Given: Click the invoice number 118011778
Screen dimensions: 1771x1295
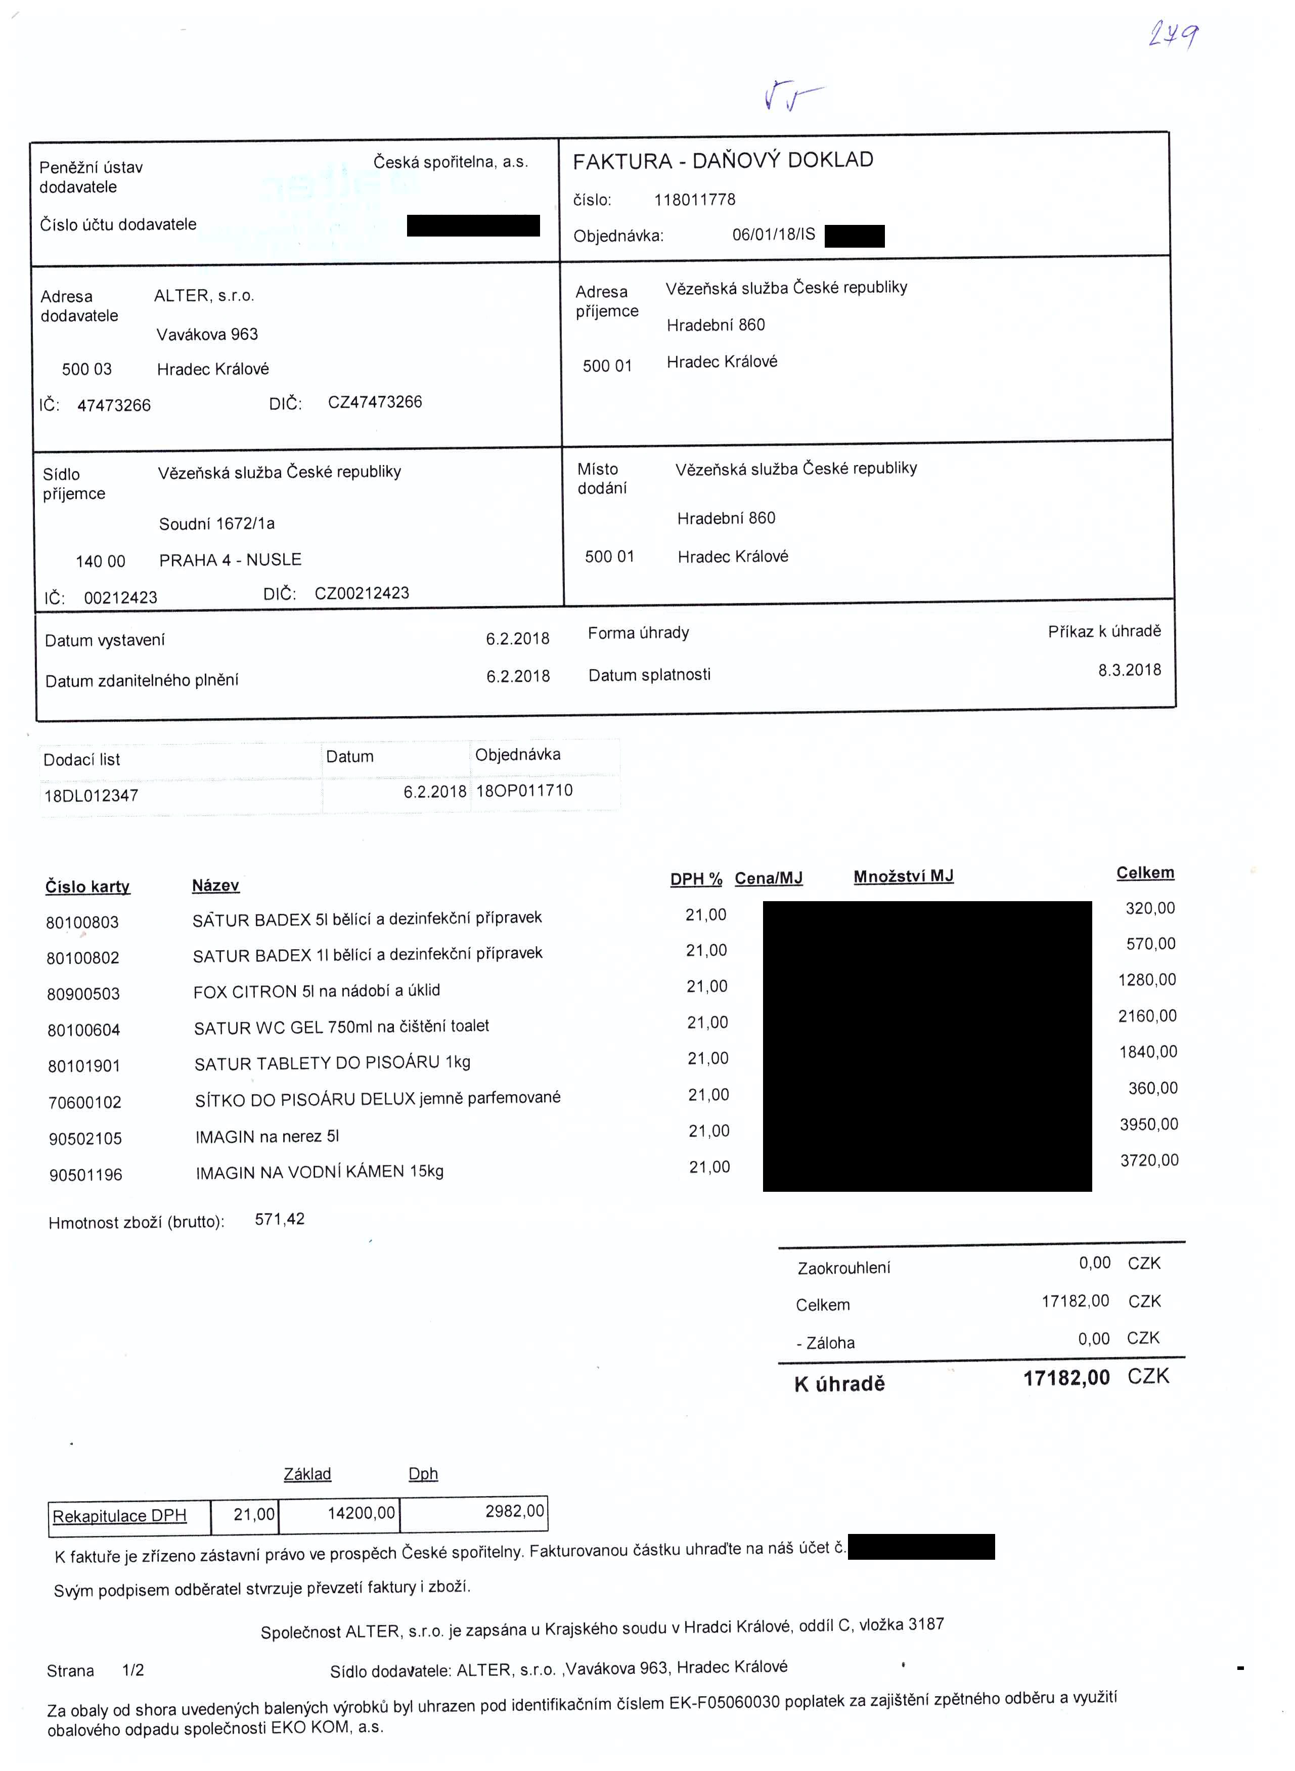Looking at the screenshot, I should click(695, 200).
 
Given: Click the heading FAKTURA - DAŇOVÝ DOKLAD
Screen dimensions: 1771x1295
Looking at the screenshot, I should click(723, 161).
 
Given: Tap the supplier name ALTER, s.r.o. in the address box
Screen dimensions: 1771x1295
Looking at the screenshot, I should click(204, 296).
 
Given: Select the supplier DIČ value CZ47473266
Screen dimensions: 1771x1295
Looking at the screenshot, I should click(375, 402).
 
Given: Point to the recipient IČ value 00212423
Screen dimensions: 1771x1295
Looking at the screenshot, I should click(121, 597).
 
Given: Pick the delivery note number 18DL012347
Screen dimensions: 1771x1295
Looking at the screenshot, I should click(91, 796).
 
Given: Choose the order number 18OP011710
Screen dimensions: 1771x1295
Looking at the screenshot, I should click(524, 790).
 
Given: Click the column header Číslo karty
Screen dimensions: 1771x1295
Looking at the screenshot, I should click(88, 887).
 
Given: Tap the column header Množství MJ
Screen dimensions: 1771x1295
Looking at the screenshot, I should click(903, 876).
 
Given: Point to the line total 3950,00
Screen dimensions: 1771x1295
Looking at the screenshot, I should click(1148, 1124).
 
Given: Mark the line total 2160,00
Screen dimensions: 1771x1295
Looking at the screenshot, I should click(1147, 1015).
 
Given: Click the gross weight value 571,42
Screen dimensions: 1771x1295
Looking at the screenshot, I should click(280, 1219).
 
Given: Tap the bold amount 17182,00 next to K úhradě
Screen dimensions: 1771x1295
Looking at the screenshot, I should click(1066, 1378).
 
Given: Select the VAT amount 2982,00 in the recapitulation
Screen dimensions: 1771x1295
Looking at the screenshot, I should click(514, 1511).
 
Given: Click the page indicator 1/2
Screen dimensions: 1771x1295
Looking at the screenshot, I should click(133, 1670).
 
